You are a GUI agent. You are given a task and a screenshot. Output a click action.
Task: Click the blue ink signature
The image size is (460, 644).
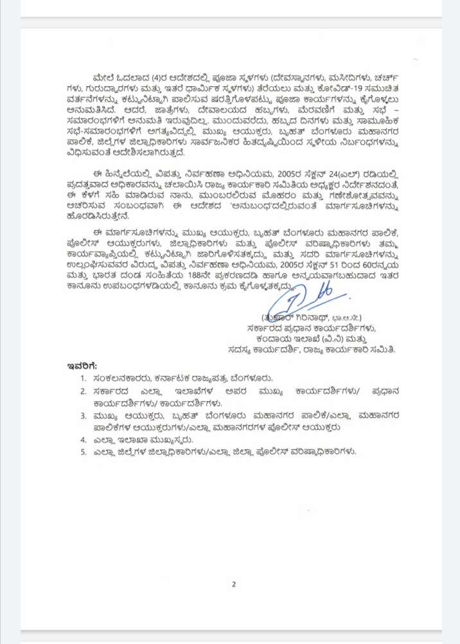(x=302, y=300)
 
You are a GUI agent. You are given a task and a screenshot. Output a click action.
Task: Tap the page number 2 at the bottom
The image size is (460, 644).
(x=234, y=584)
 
